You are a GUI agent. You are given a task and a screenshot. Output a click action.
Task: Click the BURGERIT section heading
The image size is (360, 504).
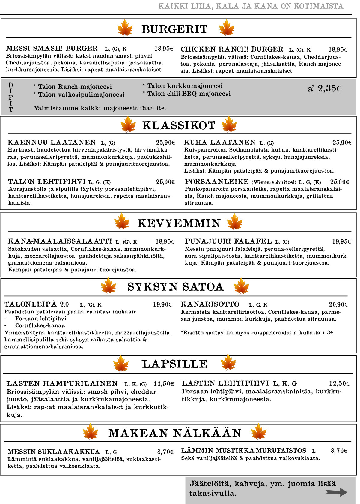[x=174, y=29]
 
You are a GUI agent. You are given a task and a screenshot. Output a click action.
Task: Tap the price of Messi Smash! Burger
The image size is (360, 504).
[x=164, y=49]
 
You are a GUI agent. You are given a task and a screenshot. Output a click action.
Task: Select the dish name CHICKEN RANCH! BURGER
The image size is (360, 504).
[x=232, y=49]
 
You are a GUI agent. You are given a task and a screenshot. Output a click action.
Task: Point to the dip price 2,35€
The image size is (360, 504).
[x=324, y=88]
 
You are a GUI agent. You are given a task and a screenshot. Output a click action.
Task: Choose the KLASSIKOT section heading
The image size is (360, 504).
[x=179, y=125]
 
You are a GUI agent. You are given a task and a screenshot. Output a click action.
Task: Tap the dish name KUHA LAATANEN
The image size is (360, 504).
[x=220, y=142]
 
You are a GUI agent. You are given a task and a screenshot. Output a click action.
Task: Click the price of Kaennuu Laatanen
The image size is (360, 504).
[x=165, y=142]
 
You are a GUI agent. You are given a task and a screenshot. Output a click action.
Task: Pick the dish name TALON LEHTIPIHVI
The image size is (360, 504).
[x=47, y=181]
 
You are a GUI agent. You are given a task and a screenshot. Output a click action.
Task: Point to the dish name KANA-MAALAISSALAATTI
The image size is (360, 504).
[x=60, y=241]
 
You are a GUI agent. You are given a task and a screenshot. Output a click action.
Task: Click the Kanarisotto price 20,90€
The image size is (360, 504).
[x=338, y=304]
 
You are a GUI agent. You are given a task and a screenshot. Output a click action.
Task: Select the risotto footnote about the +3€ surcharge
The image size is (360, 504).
[x=257, y=333]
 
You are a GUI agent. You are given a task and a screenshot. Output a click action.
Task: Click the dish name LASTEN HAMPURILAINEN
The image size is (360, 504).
[x=62, y=383]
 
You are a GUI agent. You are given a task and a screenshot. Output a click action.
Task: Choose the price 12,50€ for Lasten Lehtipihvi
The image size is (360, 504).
[x=339, y=383]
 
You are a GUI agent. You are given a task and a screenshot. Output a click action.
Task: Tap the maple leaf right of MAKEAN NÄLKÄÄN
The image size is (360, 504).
[x=258, y=432]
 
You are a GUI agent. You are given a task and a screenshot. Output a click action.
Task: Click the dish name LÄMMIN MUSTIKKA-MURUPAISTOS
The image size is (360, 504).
[x=244, y=451]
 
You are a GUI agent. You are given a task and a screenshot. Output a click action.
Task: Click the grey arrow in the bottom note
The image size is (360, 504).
[x=336, y=492]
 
